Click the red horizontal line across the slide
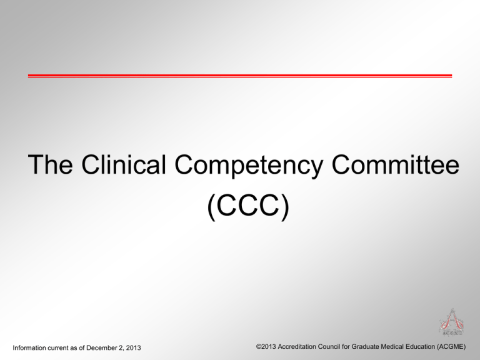point(240,76)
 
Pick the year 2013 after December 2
point(132,347)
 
